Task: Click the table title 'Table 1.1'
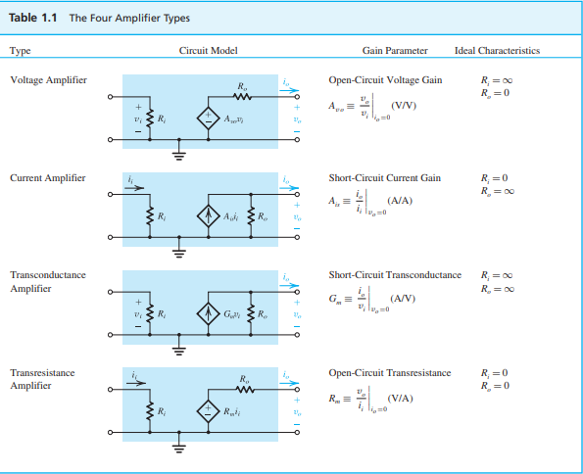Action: click(32, 18)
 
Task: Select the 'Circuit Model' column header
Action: click(208, 51)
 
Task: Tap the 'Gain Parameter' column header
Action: click(395, 51)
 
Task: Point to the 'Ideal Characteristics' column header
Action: click(497, 51)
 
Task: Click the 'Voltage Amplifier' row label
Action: click(48, 80)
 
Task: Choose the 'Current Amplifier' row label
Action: click(48, 178)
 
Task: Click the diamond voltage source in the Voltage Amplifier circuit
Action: click(208, 118)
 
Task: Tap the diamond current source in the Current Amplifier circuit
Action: click(208, 216)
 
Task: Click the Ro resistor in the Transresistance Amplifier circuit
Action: click(245, 389)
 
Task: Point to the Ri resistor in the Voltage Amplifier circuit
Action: click(150, 118)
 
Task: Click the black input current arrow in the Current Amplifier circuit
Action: click(134, 188)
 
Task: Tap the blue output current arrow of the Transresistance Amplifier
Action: click(289, 383)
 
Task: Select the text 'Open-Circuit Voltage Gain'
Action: click(385, 80)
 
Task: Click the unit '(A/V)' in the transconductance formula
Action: click(403, 298)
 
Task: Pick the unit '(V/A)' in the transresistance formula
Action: click(400, 399)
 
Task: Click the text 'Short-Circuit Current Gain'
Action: click(384, 178)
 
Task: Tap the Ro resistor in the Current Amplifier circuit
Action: click(251, 216)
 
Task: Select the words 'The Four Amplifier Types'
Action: click(129, 18)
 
